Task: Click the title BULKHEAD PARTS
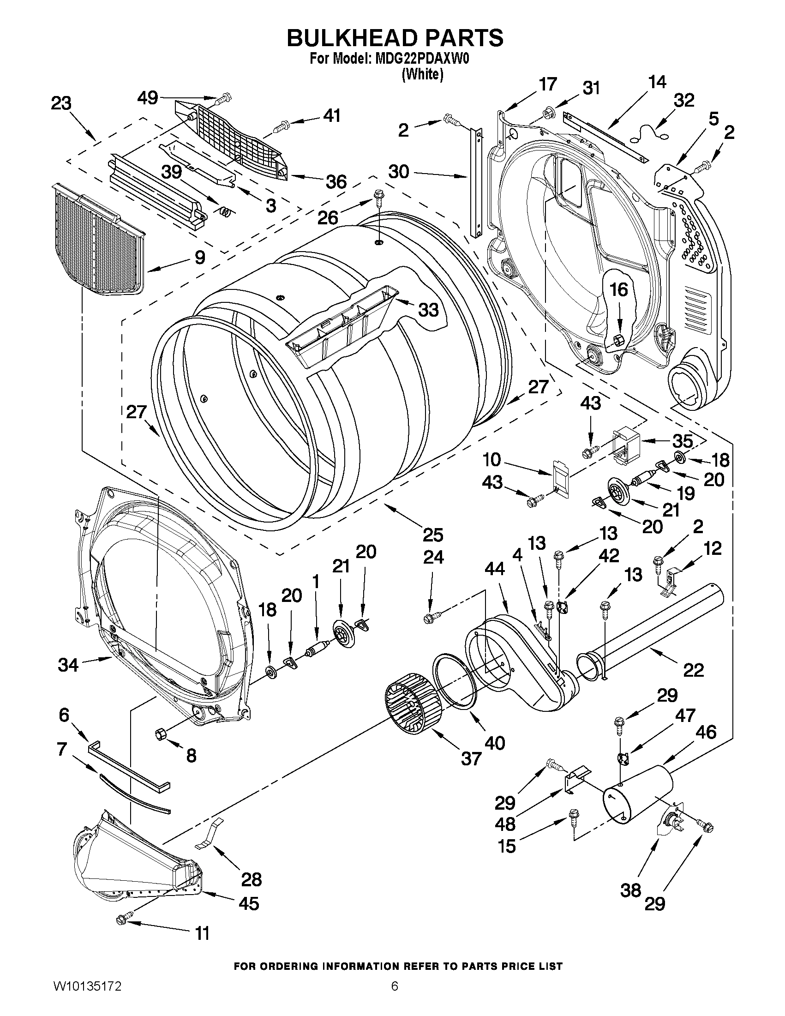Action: pyautogui.click(x=395, y=38)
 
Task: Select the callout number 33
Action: pyautogui.click(x=428, y=309)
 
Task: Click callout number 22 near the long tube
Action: pyautogui.click(x=693, y=670)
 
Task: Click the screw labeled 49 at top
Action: pyautogui.click(x=225, y=98)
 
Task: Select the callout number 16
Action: pyautogui.click(x=618, y=289)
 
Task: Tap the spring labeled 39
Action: pyautogui.click(x=225, y=212)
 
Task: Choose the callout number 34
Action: pyautogui.click(x=68, y=665)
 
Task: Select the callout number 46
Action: pyautogui.click(x=706, y=732)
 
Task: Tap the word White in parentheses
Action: pyautogui.click(x=422, y=74)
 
